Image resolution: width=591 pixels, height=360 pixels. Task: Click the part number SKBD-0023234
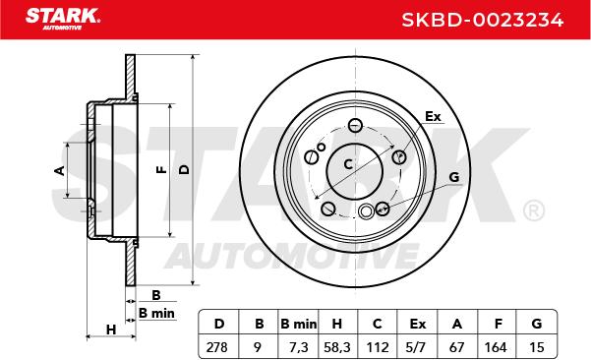[483, 20]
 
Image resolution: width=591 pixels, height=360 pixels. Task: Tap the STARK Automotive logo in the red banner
[63, 19]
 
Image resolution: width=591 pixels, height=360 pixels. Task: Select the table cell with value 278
[217, 347]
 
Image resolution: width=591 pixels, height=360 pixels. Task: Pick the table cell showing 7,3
[299, 347]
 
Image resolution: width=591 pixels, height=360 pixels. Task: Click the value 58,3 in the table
[337, 347]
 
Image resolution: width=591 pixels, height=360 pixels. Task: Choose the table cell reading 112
[378, 347]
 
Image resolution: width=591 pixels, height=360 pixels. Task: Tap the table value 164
[496, 347]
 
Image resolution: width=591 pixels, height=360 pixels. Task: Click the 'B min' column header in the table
[299, 324]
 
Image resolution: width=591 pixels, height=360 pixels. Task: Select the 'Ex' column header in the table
[418, 324]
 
